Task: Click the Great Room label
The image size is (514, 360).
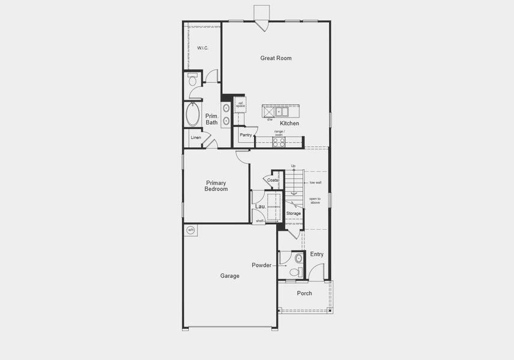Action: (276, 58)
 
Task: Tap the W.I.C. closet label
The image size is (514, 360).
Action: (202, 48)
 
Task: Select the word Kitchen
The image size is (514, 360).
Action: (289, 124)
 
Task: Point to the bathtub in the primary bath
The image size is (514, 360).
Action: (193, 114)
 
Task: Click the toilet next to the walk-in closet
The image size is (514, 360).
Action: (192, 80)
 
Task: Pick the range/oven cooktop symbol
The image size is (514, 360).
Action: (279, 142)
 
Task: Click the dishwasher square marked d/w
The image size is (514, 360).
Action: (268, 111)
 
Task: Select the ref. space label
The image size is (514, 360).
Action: (240, 104)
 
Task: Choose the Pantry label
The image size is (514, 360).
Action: (246, 135)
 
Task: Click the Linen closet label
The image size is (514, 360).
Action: (196, 138)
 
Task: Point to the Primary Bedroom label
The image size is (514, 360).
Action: (216, 186)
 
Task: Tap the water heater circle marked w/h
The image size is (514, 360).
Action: (190, 230)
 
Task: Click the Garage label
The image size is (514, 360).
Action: (229, 276)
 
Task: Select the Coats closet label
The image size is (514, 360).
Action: (273, 180)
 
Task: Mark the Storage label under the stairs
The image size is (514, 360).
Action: (293, 214)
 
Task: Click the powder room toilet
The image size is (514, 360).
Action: (295, 271)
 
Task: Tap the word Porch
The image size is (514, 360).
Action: (304, 293)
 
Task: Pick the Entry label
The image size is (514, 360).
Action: (316, 254)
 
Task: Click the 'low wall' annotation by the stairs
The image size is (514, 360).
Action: (315, 182)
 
